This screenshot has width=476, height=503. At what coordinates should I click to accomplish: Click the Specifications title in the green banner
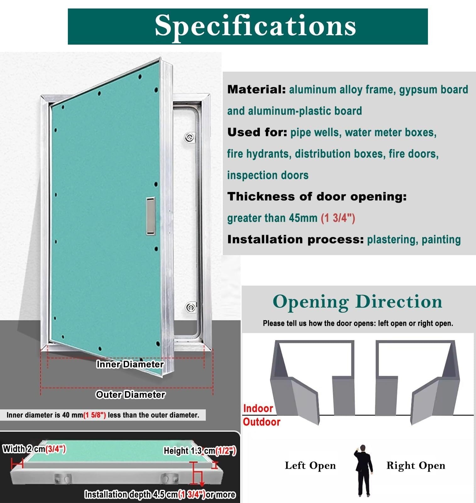click(255, 26)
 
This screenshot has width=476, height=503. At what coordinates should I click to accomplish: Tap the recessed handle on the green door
click(150, 216)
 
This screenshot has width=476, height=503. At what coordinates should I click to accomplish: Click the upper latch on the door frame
click(189, 138)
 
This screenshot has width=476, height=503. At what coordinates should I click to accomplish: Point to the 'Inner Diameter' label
click(130, 364)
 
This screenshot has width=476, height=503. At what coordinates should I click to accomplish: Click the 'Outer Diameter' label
click(130, 395)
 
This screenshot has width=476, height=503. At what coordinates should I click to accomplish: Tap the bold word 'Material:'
click(256, 90)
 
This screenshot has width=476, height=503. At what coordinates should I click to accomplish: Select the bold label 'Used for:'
click(257, 132)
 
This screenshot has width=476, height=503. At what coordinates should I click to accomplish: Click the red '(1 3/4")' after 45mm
click(338, 218)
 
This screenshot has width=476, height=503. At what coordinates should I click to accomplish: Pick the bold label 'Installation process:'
click(295, 239)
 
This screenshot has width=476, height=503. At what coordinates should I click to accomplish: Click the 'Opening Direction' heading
click(358, 302)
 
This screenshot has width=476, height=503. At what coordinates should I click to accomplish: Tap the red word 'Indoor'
click(258, 408)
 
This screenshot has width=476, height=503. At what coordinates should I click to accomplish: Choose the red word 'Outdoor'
click(261, 422)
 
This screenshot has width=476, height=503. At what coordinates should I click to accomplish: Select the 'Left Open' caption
click(310, 466)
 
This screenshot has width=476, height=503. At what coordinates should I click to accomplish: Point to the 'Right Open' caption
click(416, 466)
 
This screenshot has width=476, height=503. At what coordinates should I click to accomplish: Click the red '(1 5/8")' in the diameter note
click(95, 415)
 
